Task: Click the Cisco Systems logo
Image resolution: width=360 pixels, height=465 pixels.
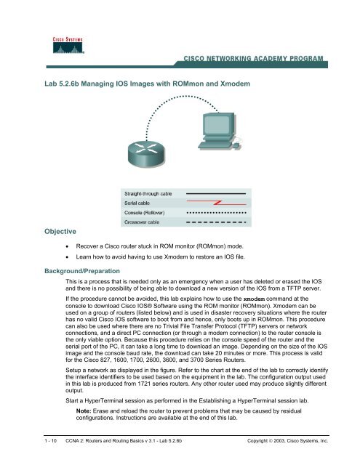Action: tap(68, 45)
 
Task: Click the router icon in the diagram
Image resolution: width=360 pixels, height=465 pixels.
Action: tap(145, 154)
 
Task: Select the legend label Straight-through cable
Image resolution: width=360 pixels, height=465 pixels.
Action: tap(148, 194)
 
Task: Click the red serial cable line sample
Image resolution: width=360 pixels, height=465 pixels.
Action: tap(216, 203)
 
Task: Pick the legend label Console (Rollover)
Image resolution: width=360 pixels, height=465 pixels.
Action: tap(144, 213)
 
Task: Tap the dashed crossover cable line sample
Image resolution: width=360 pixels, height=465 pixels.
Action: tap(216, 222)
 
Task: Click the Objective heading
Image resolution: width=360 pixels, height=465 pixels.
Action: tap(60, 231)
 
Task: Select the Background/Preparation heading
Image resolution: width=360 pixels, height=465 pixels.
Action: tap(82, 271)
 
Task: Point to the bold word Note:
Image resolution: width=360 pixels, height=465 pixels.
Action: tap(84, 411)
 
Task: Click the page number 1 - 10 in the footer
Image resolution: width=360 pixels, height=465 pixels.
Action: tap(50, 441)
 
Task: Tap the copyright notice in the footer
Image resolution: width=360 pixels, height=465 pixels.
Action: tap(287, 441)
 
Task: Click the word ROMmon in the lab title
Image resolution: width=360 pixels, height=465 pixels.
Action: tap(188, 84)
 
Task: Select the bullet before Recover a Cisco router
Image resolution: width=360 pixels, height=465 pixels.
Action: tap(68, 247)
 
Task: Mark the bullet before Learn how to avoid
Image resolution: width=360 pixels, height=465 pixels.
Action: tap(68, 257)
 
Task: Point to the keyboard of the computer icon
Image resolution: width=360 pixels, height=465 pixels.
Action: tap(215, 145)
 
